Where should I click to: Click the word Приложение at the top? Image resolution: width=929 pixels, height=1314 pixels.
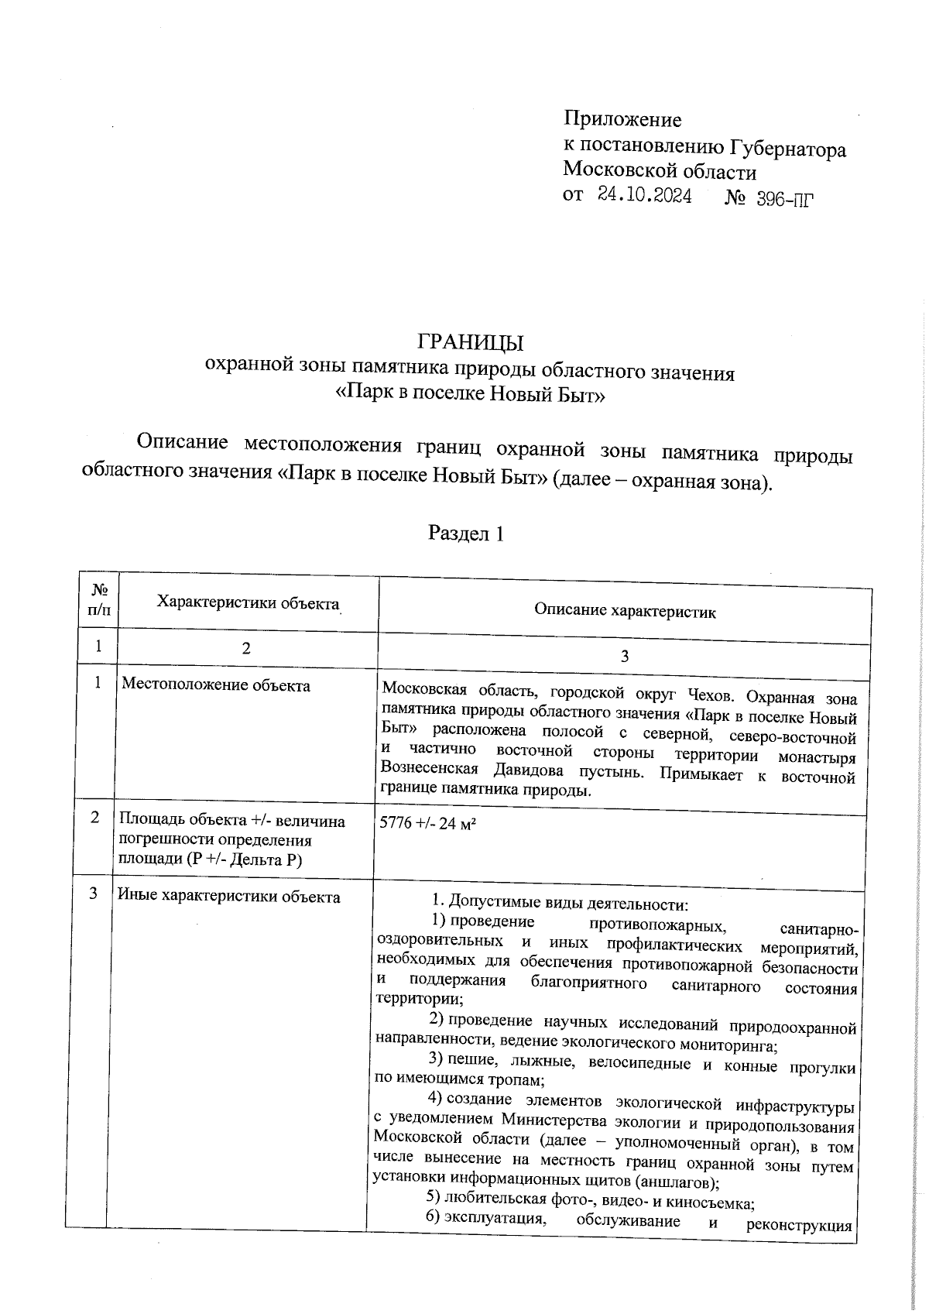(x=622, y=119)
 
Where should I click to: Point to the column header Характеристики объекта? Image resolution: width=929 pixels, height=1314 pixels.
(x=248, y=603)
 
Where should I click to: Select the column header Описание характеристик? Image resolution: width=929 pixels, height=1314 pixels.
(x=624, y=612)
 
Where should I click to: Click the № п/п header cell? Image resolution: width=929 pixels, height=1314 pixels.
(x=99, y=599)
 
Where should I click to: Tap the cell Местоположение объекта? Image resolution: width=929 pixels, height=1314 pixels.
(x=216, y=685)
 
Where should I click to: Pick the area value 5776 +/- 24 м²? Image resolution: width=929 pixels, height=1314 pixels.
(x=427, y=823)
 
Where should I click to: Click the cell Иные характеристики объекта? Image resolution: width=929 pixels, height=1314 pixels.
(x=228, y=897)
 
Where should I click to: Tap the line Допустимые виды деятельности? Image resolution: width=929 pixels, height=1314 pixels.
(x=559, y=903)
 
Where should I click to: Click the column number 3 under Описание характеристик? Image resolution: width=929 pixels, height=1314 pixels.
(x=624, y=656)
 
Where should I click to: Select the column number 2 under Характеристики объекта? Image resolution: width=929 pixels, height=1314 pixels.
(x=245, y=649)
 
